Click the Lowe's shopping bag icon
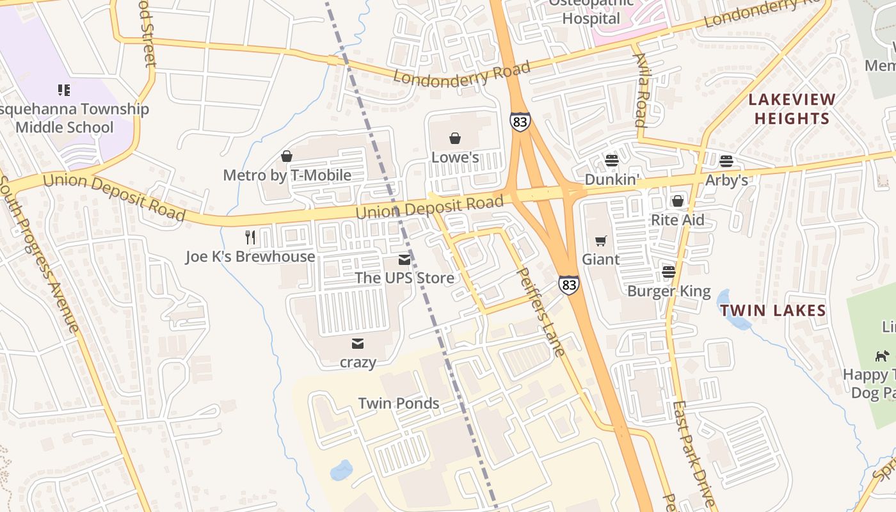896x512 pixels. click(455, 138)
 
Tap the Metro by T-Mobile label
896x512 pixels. click(287, 175)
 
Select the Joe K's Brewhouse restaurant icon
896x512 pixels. click(250, 237)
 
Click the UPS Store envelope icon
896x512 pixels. click(404, 260)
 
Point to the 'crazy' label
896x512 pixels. click(358, 362)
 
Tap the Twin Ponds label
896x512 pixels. click(398, 403)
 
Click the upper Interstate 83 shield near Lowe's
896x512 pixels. click(520, 122)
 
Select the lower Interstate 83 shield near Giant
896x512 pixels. click(568, 285)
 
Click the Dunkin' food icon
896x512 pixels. click(612, 161)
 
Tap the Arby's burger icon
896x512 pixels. click(726, 161)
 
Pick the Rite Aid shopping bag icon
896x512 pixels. click(677, 202)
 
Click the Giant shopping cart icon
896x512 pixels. click(600, 241)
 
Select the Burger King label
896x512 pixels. click(669, 292)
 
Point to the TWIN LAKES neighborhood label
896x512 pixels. click(772, 311)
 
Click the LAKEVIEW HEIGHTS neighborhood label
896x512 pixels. click(792, 109)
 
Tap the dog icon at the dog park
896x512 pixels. click(882, 356)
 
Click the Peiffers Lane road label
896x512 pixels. click(541, 312)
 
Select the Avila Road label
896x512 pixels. click(641, 90)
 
